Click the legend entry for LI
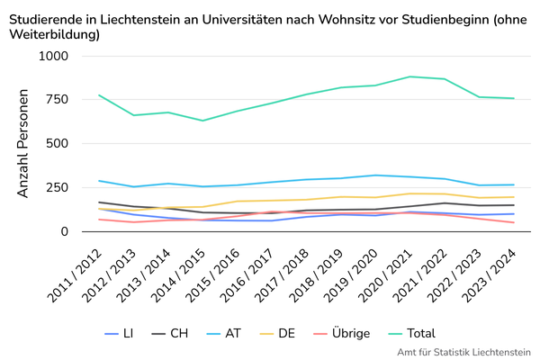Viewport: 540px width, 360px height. tap(119, 334)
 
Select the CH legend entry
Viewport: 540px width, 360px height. tap(170, 334)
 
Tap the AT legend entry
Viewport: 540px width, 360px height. tap(224, 334)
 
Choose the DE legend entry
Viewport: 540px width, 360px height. tap(277, 334)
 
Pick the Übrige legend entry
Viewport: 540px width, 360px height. tap(342, 333)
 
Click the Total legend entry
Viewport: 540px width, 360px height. tap(412, 334)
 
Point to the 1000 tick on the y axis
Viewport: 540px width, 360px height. tap(53, 56)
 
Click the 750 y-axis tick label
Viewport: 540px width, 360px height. tap(57, 100)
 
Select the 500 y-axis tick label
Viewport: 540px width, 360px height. tap(57, 143)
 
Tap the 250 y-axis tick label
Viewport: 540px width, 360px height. tap(57, 187)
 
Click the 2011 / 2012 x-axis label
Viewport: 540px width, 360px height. tap(75, 276)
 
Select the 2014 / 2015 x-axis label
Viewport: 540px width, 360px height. tap(178, 276)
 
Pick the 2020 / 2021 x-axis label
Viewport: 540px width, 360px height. tap(386, 276)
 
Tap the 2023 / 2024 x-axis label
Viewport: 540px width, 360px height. tap(490, 276)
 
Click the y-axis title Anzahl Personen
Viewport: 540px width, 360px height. tap(22, 143)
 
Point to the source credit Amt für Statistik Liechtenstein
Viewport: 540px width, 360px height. tap(463, 353)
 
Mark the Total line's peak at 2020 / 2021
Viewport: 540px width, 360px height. tap(409, 76)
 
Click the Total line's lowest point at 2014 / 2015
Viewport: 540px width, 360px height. tap(202, 121)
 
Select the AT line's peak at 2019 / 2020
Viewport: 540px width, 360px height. tap(375, 175)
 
